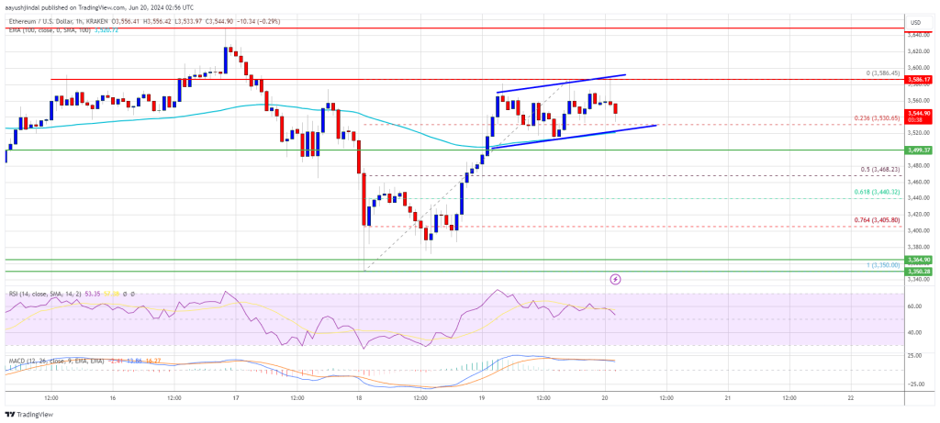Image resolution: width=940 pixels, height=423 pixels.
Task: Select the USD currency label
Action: point(915,21)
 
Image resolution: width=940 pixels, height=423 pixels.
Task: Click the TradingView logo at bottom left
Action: point(32,414)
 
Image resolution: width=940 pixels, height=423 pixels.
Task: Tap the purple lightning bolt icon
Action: point(614,278)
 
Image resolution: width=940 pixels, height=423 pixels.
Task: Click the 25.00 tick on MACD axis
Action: point(914,354)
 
